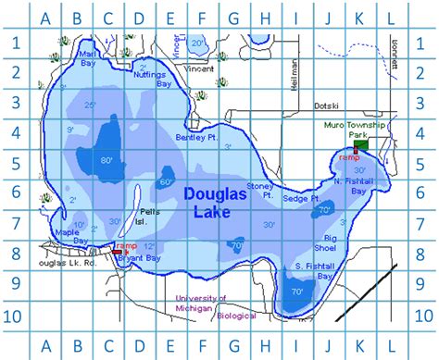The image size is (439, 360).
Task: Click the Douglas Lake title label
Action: tap(214, 203)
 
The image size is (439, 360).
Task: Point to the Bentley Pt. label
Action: tap(194, 138)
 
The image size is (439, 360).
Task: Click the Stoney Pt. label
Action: tap(260, 191)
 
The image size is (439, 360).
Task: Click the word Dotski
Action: tap(328, 106)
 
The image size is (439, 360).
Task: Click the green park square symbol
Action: tap(361, 144)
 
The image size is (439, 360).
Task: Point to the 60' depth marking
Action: tap(168, 181)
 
